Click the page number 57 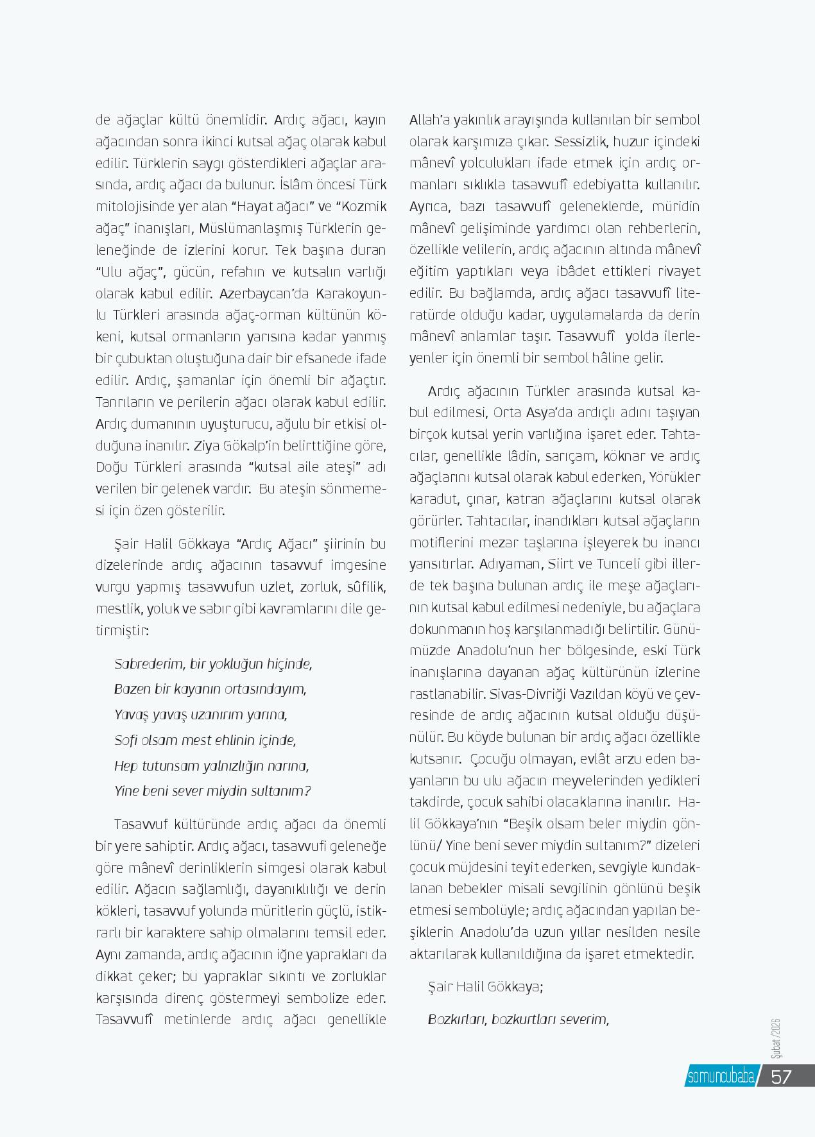click(781, 1076)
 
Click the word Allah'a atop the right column click(430, 120)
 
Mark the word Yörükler click(674, 477)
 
